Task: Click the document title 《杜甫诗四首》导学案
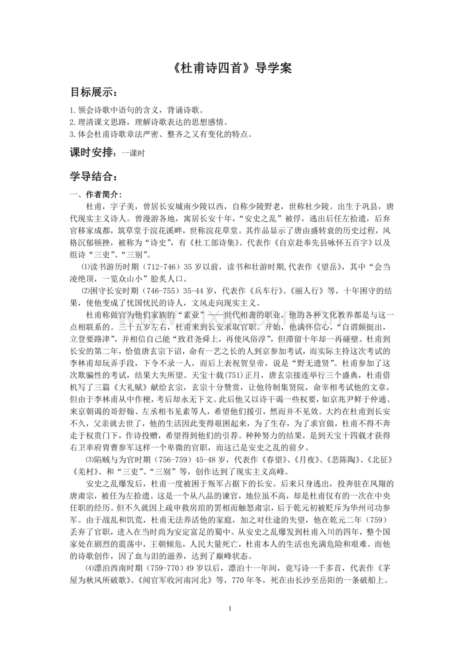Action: click(x=230, y=68)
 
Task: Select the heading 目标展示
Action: click(x=93, y=92)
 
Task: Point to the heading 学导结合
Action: click(x=93, y=176)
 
